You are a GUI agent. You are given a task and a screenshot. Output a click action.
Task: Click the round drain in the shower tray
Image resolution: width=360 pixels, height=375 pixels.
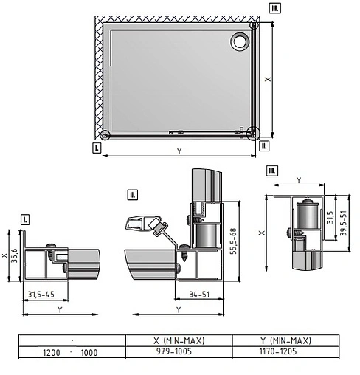pyautogui.click(x=240, y=41)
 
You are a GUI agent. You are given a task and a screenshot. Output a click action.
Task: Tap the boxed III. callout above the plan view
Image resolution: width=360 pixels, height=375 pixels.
pyautogui.click(x=275, y=8)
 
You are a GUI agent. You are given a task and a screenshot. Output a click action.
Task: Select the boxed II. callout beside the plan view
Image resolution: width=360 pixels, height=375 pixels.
pyautogui.click(x=264, y=146)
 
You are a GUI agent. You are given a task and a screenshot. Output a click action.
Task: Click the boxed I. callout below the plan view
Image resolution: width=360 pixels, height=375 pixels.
pyautogui.click(x=97, y=148)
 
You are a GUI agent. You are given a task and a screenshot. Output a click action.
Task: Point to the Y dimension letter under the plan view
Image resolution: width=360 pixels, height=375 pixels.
pyautogui.click(x=179, y=151)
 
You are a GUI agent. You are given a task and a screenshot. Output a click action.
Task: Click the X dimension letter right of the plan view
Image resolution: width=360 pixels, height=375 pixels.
pyautogui.click(x=268, y=79)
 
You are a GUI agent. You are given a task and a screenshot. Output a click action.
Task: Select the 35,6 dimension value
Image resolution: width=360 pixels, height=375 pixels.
pyautogui.click(x=14, y=255)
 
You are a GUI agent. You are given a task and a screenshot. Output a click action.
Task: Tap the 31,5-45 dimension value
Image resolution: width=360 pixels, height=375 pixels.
pyautogui.click(x=41, y=295)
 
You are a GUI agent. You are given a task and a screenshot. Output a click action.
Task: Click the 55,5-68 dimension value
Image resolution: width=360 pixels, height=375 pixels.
pyautogui.click(x=233, y=241)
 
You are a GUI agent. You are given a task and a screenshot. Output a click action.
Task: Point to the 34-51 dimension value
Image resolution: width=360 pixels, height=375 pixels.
pyautogui.click(x=199, y=295)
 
